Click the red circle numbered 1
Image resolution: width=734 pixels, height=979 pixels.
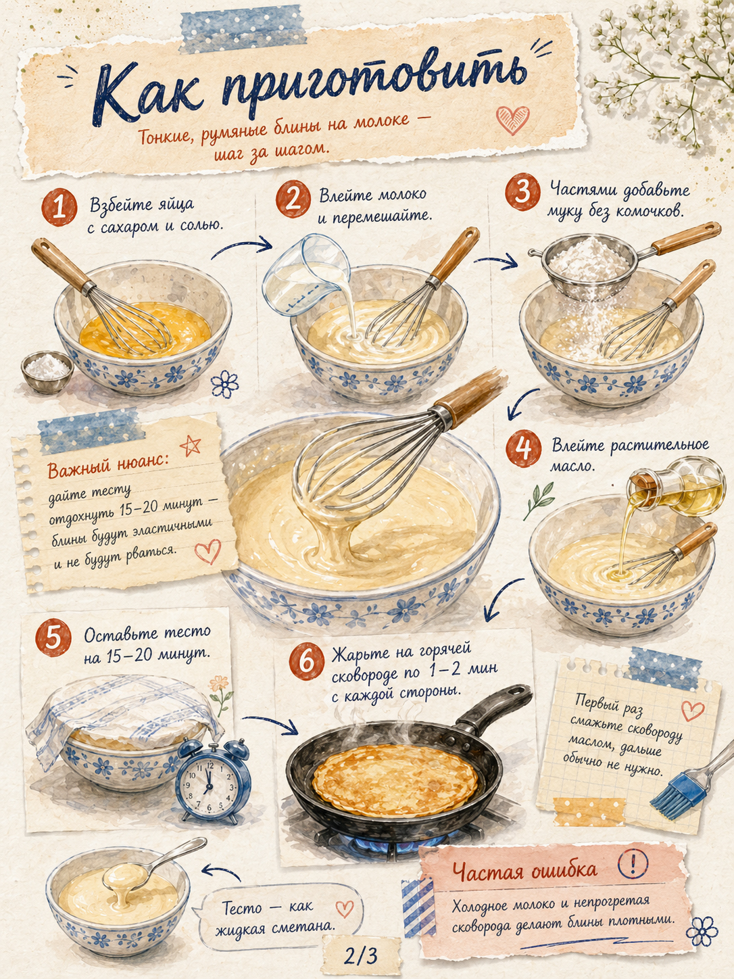coord(59,207)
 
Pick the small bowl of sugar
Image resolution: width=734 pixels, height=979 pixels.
coord(48,372)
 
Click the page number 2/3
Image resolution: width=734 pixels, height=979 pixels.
coord(360,955)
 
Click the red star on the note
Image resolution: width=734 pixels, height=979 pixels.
coord(191,445)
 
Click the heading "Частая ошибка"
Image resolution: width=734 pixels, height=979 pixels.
coord(524,869)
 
